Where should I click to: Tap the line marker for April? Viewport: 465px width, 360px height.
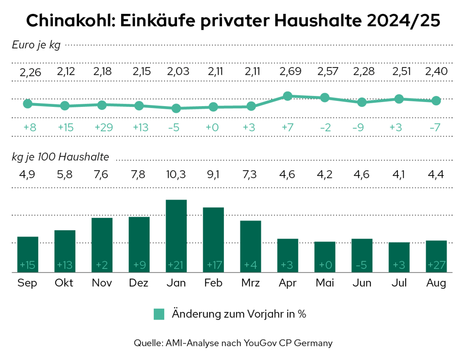pyautogui.click(x=288, y=96)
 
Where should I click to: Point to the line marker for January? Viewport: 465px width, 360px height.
pyautogui.click(x=176, y=108)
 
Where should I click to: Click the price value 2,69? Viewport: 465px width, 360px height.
pyautogui.click(x=288, y=71)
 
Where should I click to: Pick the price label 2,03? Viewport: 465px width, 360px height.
pyautogui.click(x=176, y=71)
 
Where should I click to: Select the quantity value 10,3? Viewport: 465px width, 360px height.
pyautogui.click(x=176, y=174)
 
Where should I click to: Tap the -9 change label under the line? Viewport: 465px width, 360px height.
pyautogui.click(x=362, y=127)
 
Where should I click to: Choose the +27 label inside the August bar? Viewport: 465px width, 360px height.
pyautogui.click(x=436, y=265)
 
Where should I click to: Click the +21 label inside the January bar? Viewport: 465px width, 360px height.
pyautogui.click(x=176, y=265)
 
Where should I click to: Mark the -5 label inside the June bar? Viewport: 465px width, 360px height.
pyautogui.click(x=362, y=265)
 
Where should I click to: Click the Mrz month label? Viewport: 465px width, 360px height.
pyautogui.click(x=250, y=283)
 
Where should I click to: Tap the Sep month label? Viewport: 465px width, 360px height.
pyautogui.click(x=28, y=283)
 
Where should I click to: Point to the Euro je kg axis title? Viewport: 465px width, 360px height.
pyautogui.click(x=36, y=45)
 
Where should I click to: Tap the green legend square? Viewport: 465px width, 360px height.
pyautogui.click(x=159, y=314)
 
